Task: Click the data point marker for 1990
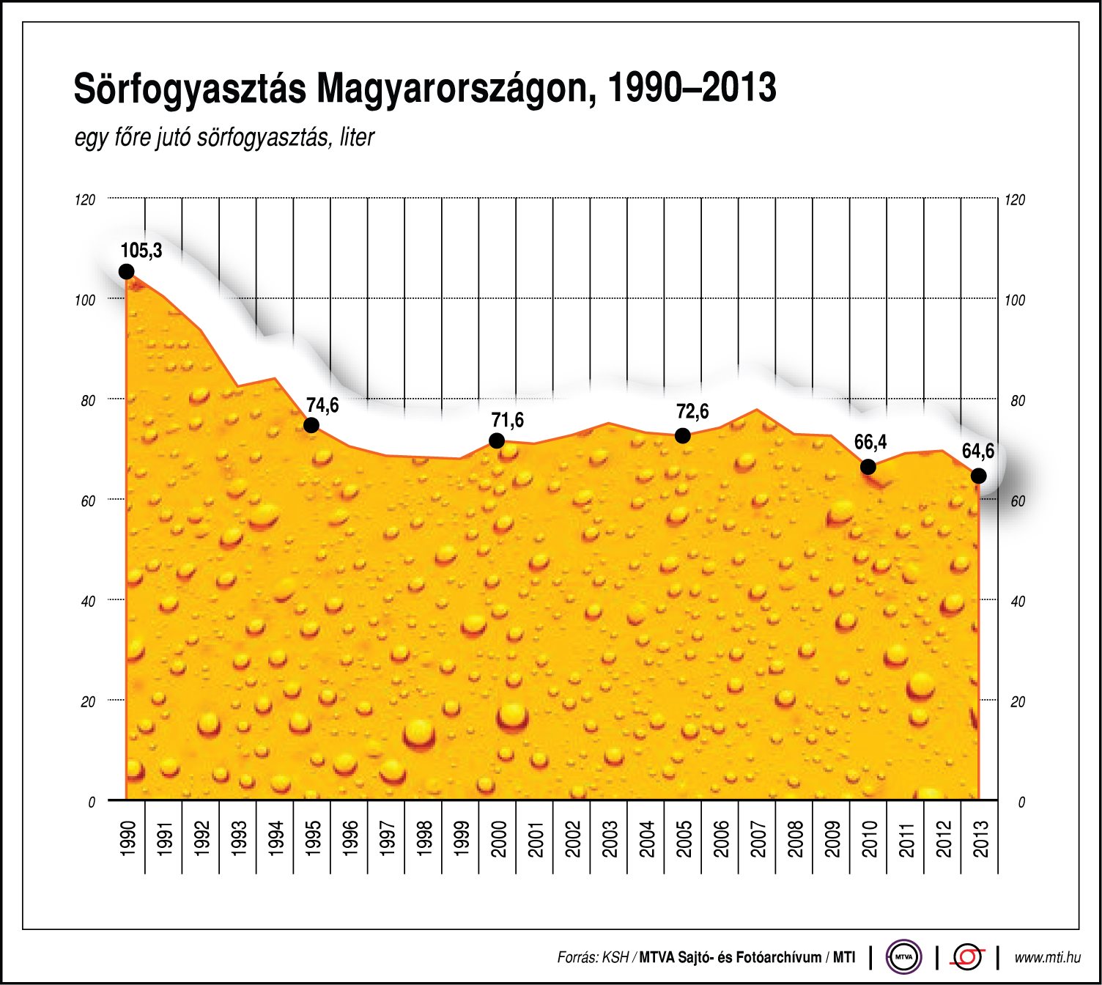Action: (126, 272)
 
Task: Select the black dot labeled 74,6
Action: (311, 425)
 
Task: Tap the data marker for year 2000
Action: (496, 440)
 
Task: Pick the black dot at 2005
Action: (682, 435)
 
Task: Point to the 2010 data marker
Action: (868, 467)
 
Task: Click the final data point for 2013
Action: (978, 476)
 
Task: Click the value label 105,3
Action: (141, 251)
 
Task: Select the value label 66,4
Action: (870, 442)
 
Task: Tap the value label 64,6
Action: (977, 451)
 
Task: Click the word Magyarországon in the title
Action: (451, 89)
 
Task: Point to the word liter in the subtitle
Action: (357, 138)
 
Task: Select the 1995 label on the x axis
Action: (312, 838)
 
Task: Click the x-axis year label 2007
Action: (758, 838)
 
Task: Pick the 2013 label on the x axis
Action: (980, 838)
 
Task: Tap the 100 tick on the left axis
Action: (85, 300)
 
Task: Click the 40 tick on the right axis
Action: (1017, 602)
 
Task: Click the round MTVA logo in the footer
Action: (903, 957)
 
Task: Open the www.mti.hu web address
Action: (1047, 957)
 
